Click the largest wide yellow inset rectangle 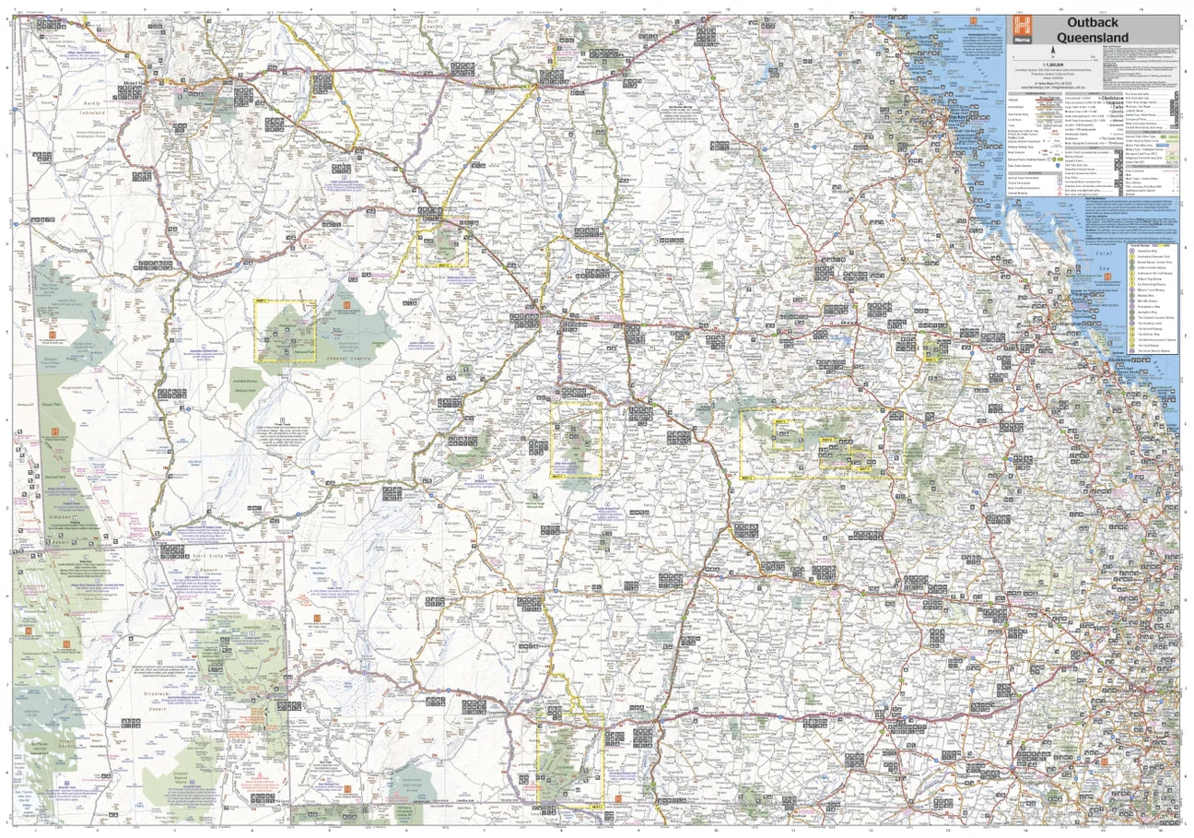click(822, 444)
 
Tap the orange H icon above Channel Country click(346, 305)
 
